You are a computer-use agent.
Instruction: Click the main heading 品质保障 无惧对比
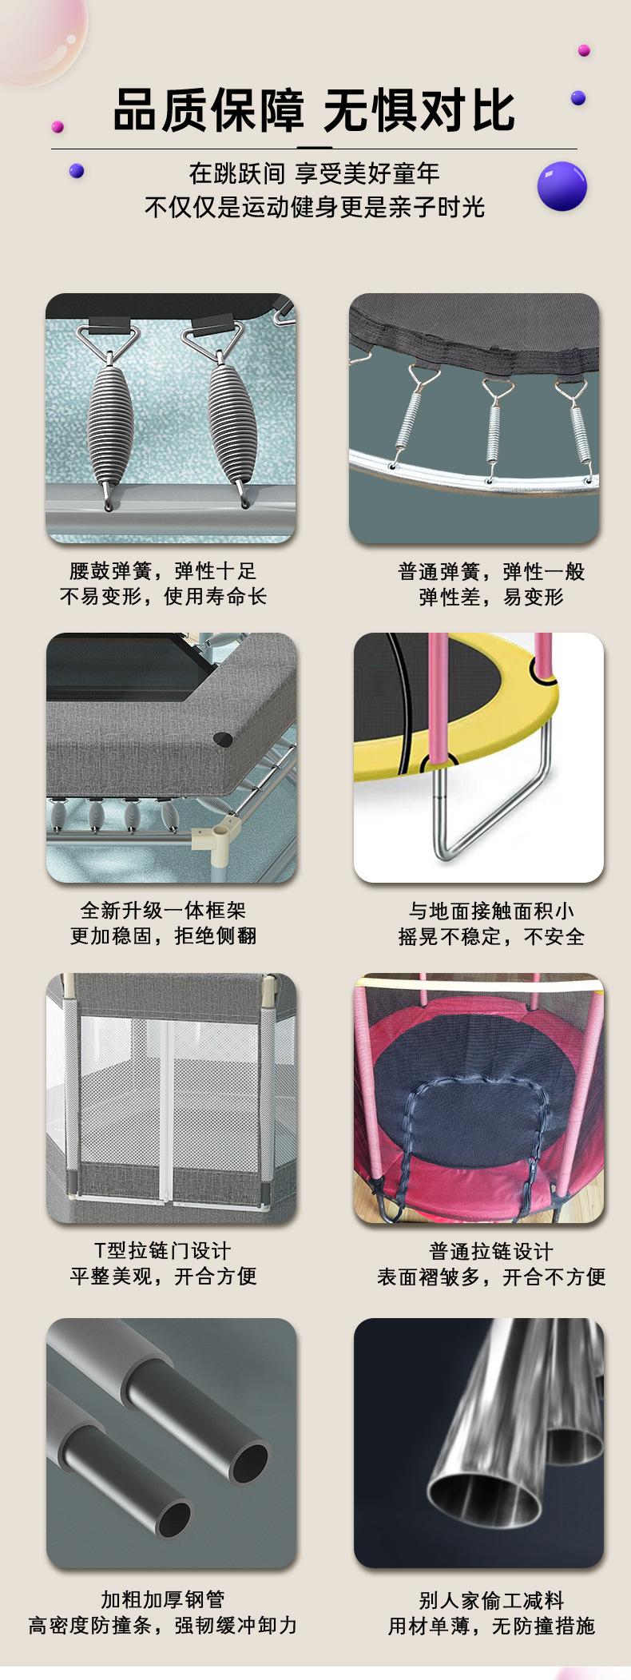coord(315,110)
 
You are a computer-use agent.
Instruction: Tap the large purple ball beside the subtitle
coord(562,186)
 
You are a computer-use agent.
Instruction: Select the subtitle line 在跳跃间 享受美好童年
coord(315,173)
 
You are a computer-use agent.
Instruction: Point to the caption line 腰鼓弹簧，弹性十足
coord(163,571)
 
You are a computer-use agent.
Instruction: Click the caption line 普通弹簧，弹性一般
coord(491,572)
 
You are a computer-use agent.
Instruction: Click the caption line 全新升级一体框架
coord(163,910)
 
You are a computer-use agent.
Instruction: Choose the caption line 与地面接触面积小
coord(491,911)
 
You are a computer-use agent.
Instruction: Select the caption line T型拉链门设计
coord(163,1250)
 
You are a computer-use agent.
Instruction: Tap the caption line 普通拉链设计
coord(491,1251)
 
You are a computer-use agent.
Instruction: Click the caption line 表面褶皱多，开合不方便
coord(491,1277)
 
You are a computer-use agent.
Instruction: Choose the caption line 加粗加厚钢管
coord(163,1599)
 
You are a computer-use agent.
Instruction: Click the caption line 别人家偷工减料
coord(491,1600)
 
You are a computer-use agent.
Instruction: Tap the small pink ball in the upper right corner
coord(584,50)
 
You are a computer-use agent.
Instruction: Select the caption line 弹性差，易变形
coord(491,597)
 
